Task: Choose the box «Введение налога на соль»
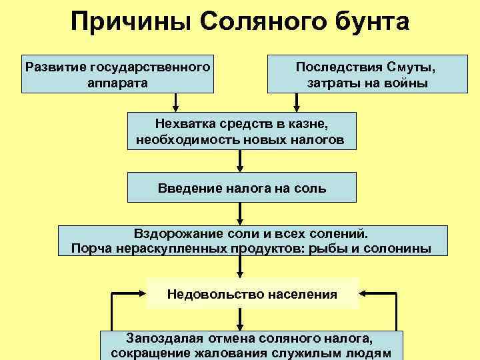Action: (x=241, y=187)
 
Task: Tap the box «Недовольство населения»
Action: (x=253, y=293)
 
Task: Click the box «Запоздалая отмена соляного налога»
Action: (x=251, y=345)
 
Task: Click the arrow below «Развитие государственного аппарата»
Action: (x=176, y=101)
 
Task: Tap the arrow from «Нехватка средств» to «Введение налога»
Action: (x=240, y=161)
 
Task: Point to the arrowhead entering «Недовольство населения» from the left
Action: (x=142, y=293)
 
